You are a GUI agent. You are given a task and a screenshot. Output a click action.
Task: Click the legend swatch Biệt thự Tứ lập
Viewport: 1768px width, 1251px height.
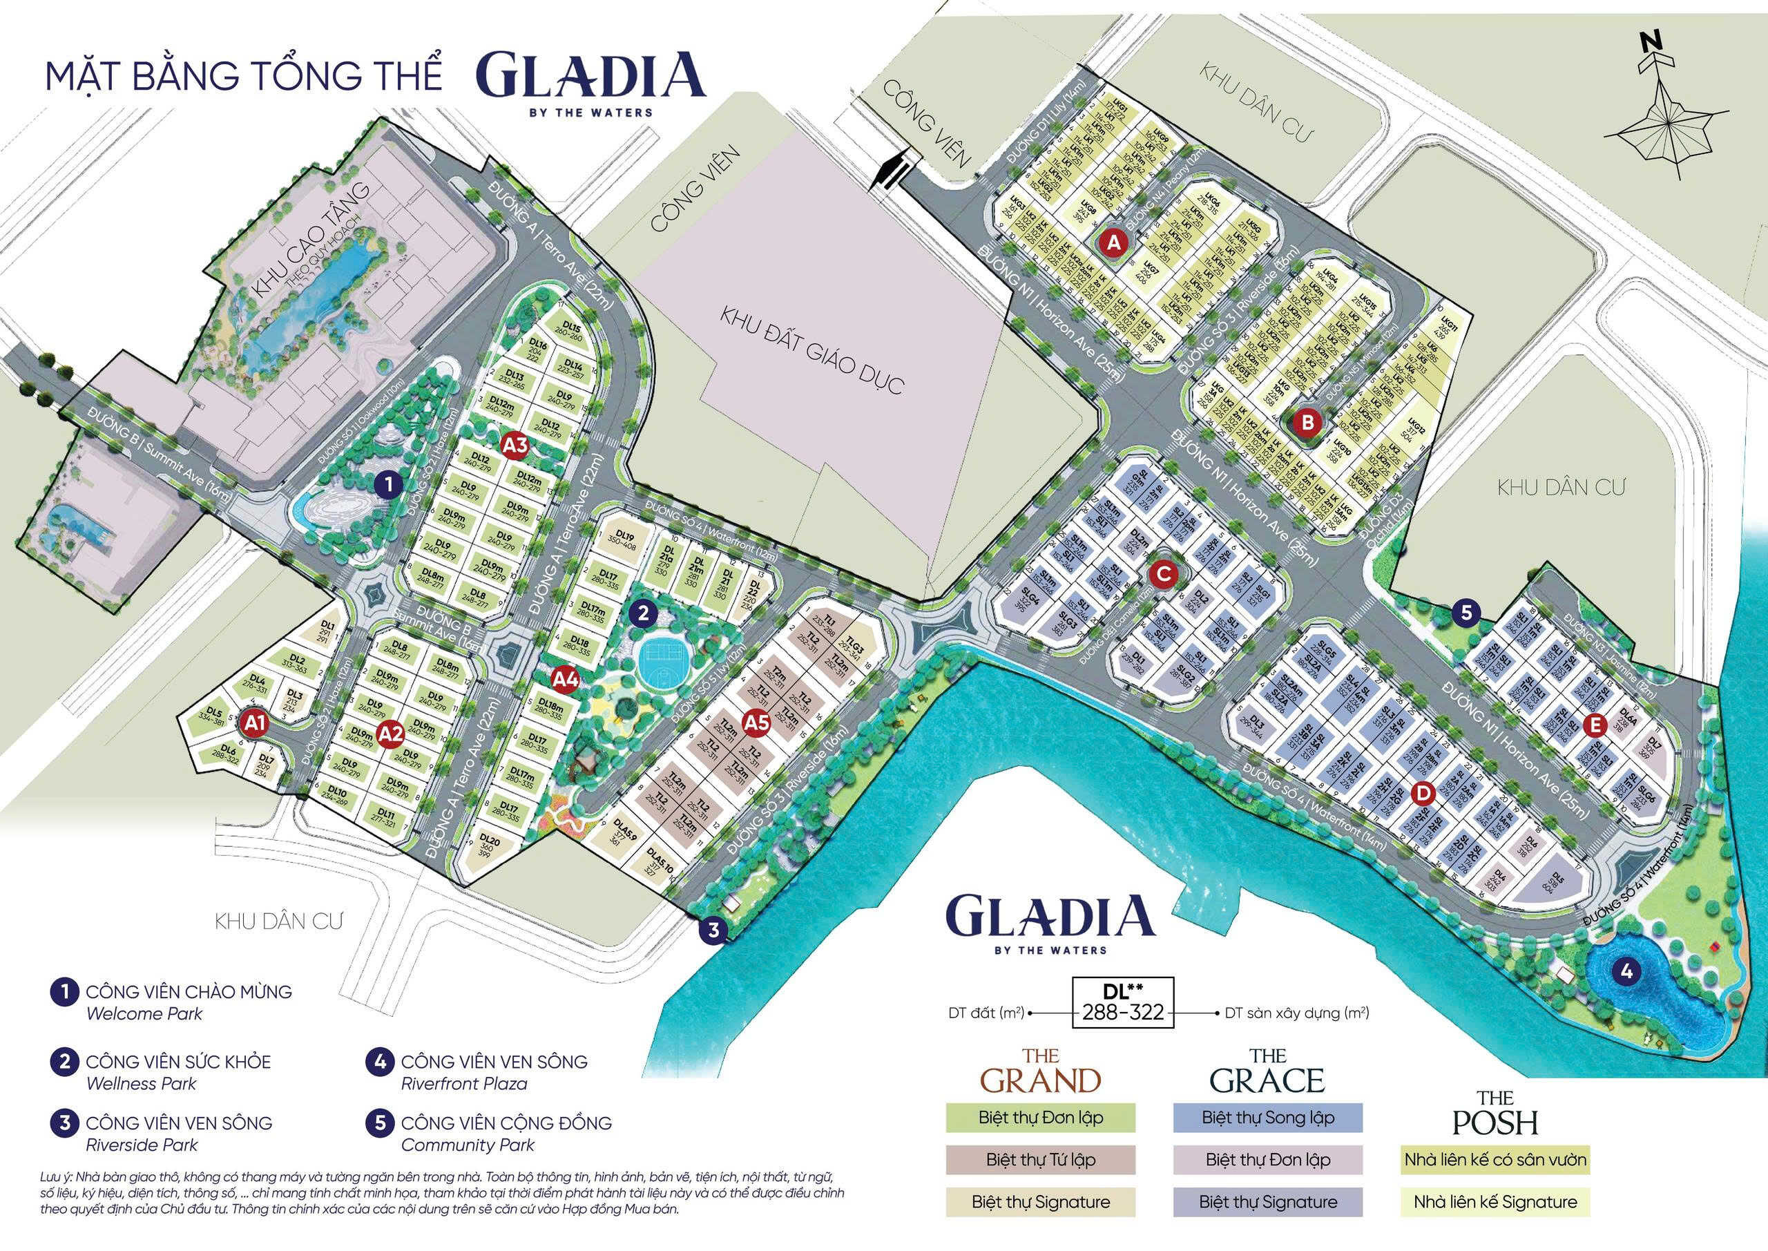pyautogui.click(x=1040, y=1159)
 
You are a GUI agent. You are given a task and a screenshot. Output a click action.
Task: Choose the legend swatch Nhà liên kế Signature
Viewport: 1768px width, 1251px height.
pyautogui.click(x=1495, y=1202)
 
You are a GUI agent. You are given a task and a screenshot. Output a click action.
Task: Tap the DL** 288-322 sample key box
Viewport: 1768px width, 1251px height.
pyautogui.click(x=1124, y=1003)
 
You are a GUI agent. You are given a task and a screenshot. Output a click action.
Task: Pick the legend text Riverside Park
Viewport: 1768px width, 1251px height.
pyautogui.click(x=142, y=1145)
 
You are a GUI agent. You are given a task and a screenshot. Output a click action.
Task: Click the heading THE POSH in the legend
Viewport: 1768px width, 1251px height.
pyautogui.click(x=1495, y=1111)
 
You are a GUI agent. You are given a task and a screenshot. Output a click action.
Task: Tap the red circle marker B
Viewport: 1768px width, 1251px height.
pyautogui.click(x=1307, y=421)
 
